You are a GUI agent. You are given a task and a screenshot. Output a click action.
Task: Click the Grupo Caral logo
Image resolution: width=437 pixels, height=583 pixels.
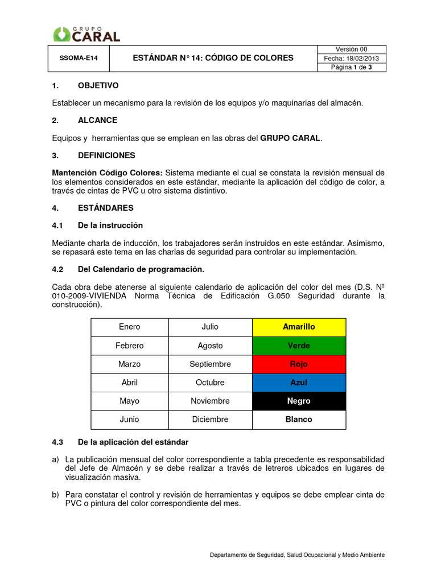coord(86,34)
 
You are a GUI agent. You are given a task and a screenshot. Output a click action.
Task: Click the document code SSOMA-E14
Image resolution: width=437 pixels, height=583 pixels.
coord(76,59)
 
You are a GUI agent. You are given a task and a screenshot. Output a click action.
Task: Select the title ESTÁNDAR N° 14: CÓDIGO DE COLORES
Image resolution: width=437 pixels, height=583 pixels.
coord(213,58)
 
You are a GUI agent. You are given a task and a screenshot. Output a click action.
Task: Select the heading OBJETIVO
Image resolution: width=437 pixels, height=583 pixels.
coord(98,85)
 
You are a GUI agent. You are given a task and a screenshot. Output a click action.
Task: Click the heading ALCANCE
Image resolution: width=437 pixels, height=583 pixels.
coord(97,120)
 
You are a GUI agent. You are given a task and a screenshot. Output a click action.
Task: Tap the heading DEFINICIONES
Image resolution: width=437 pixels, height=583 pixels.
coord(106,155)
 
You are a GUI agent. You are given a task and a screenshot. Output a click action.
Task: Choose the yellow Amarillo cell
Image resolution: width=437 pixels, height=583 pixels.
coord(299,327)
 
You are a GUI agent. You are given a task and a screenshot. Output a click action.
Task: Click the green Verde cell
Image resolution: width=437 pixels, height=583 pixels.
coord(299,346)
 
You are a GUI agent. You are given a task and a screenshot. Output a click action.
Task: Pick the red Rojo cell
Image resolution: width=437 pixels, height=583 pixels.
coord(299,364)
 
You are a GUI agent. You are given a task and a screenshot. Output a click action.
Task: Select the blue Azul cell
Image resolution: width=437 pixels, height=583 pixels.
coord(299,383)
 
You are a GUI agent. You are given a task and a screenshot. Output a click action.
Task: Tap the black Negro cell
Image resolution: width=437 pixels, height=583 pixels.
coord(299,401)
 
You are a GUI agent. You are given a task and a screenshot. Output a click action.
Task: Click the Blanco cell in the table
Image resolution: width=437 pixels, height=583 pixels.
coord(299,419)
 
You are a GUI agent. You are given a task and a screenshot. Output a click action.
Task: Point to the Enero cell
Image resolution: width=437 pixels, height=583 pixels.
coord(129,327)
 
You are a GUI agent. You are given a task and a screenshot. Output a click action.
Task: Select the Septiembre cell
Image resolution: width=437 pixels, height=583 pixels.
coord(210,364)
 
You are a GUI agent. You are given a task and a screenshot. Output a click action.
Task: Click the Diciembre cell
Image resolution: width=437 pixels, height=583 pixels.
coord(210,419)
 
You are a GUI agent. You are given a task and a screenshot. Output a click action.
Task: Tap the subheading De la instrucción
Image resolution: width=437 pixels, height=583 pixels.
coord(110,225)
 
